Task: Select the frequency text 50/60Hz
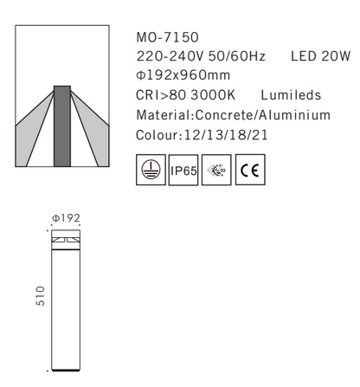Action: pyautogui.click(x=229, y=56)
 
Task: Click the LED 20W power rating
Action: pyautogui.click(x=323, y=56)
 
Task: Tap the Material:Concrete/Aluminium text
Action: pyautogui.click(x=234, y=115)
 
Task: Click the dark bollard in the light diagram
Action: pyautogui.click(x=62, y=126)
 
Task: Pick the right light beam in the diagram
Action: pyautogui.click(x=91, y=130)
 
